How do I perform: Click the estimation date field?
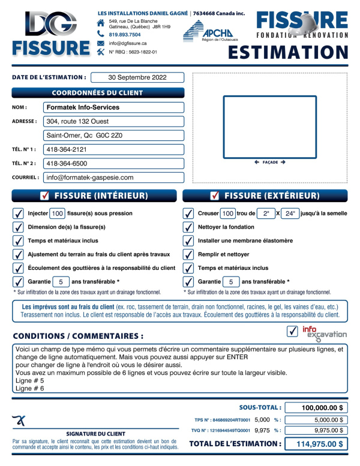[x=137, y=77]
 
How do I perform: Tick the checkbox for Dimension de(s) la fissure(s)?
[x=18, y=227]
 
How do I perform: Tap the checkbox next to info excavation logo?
[x=293, y=331]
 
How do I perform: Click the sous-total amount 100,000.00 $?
[x=315, y=408]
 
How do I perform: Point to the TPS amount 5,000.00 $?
[x=315, y=420]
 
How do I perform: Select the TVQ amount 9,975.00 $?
[x=315, y=430]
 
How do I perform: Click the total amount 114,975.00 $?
[x=315, y=444]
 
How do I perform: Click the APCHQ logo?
[x=208, y=31]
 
